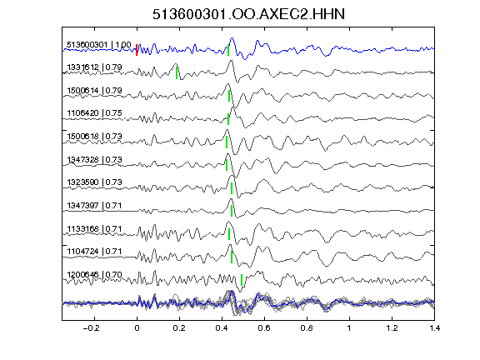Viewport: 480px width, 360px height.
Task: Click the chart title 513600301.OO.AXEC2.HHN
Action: click(x=248, y=14)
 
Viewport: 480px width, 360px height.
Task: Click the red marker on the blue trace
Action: click(x=137, y=50)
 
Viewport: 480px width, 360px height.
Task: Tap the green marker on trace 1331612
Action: click(x=177, y=72)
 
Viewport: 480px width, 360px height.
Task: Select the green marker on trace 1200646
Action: click(x=242, y=280)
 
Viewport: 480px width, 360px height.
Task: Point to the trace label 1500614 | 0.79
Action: click(x=94, y=91)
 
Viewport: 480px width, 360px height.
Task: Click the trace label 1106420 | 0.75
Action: click(x=94, y=113)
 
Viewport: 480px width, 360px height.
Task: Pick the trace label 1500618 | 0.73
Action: click(x=94, y=136)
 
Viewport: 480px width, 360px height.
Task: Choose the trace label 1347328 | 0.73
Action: click(x=94, y=159)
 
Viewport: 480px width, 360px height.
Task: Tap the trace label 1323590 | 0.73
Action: click(x=94, y=182)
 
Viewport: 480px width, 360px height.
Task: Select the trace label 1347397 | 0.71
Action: click(x=94, y=205)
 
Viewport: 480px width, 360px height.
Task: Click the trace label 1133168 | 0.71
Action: click(x=94, y=228)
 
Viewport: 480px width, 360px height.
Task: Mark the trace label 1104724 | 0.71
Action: click(x=94, y=252)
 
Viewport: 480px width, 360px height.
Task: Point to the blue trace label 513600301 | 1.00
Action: click(x=99, y=45)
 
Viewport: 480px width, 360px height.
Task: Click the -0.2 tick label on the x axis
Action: click(x=92, y=328)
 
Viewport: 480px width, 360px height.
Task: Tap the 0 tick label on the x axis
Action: click(x=137, y=328)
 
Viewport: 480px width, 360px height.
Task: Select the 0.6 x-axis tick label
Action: click(x=264, y=328)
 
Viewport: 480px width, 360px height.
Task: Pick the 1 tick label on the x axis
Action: click(x=349, y=328)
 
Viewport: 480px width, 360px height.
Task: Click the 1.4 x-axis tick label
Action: click(x=434, y=328)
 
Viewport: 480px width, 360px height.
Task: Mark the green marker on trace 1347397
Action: click(x=232, y=211)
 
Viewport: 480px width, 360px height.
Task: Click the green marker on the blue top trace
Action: click(x=228, y=50)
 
